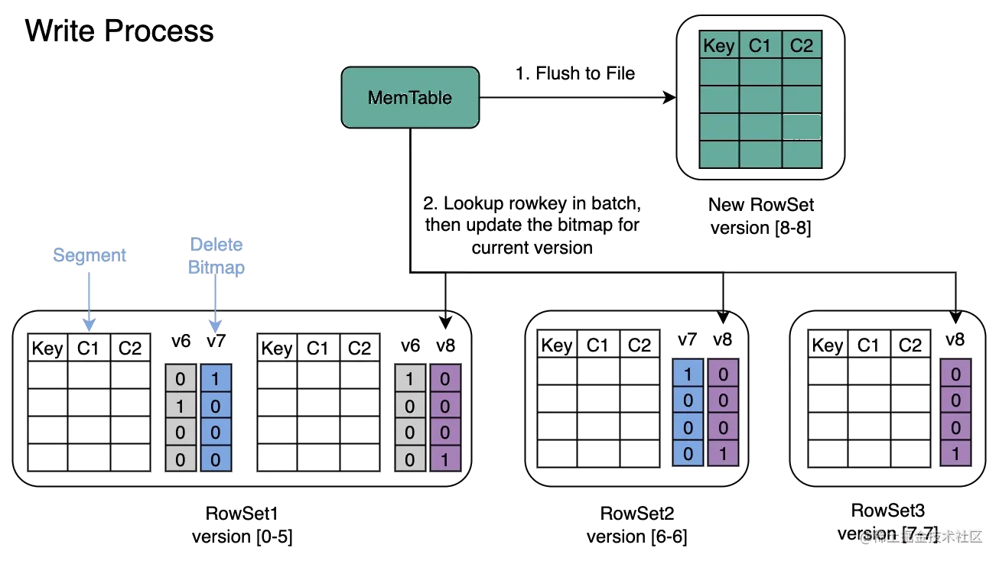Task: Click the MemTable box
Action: (410, 97)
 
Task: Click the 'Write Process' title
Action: (119, 31)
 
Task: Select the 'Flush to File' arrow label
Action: (574, 73)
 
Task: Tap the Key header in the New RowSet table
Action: (718, 46)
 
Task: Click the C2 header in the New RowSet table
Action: (801, 46)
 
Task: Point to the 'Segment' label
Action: (89, 255)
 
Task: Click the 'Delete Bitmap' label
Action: (216, 256)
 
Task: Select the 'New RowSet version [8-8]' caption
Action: (760, 216)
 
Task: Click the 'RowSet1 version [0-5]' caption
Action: (242, 524)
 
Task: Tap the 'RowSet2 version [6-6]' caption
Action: (637, 525)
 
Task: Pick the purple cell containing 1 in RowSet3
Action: (955, 454)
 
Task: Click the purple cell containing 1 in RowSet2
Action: (723, 454)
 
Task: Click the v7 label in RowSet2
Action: (687, 339)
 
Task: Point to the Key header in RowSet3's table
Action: (827, 345)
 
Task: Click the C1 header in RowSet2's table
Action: (597, 345)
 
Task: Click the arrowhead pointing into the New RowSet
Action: (668, 98)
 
